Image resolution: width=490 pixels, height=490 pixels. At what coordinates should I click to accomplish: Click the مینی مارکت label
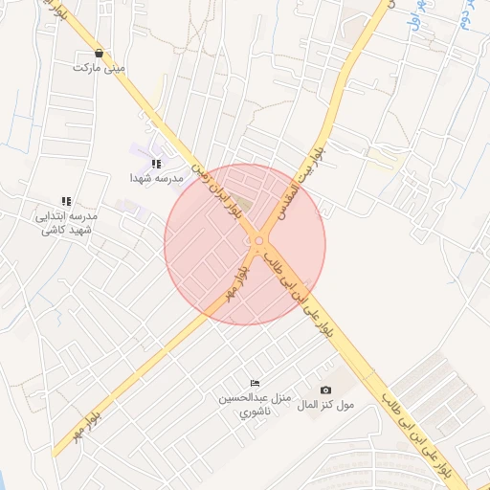pyautogui.click(x=100, y=69)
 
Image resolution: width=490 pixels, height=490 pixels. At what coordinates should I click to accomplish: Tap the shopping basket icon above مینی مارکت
pyautogui.click(x=100, y=54)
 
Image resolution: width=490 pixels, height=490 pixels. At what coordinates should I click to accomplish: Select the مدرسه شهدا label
pyautogui.click(x=157, y=179)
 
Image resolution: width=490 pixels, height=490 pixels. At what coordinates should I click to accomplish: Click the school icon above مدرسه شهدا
pyautogui.click(x=156, y=165)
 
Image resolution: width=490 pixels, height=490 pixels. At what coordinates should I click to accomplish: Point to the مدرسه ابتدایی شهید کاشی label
pyautogui.click(x=66, y=223)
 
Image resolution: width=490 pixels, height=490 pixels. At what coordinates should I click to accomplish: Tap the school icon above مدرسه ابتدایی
pyautogui.click(x=66, y=201)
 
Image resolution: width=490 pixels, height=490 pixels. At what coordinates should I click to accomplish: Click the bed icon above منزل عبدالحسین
pyautogui.click(x=254, y=383)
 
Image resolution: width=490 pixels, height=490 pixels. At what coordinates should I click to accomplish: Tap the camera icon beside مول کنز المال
pyautogui.click(x=325, y=390)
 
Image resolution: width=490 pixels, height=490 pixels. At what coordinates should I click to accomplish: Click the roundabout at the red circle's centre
pyautogui.click(x=258, y=241)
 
